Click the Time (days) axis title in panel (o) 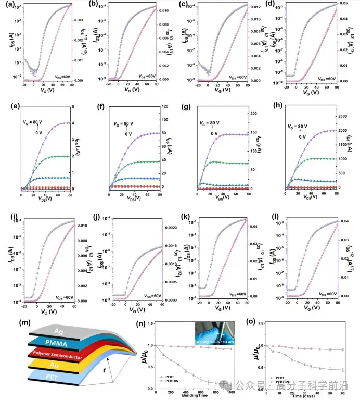coord(307,395)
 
